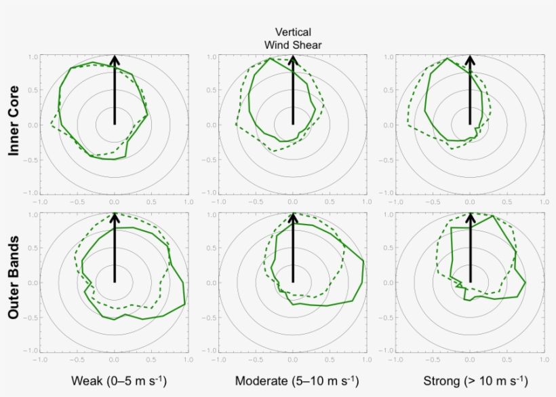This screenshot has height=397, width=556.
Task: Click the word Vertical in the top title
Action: [293, 32]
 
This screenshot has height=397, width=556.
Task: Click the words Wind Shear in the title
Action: [293, 45]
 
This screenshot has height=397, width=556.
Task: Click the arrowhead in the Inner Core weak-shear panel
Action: [115, 60]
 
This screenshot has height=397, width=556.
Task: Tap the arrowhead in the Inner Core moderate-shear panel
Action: [293, 60]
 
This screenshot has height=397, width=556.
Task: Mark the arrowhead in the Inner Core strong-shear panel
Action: [470, 60]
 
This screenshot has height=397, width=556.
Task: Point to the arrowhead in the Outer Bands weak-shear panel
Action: [115, 218]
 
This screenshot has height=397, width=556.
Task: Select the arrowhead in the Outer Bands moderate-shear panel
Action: [293, 218]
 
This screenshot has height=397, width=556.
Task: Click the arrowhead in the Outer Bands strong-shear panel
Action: [470, 218]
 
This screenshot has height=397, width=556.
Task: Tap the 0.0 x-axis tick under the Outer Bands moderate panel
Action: [293, 359]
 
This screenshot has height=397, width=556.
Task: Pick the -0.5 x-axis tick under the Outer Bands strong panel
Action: [433, 359]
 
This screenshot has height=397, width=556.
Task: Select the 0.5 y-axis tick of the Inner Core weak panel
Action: [31, 91]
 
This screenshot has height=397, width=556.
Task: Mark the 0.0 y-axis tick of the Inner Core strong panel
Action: [387, 125]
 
